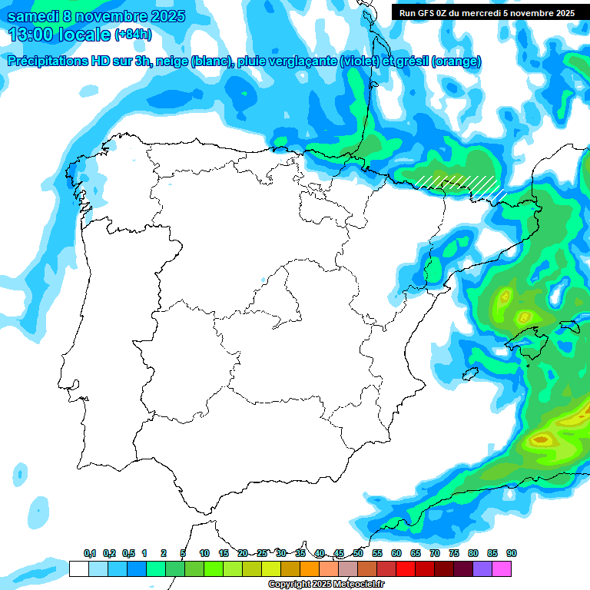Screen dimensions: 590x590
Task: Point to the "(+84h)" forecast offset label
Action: (x=133, y=35)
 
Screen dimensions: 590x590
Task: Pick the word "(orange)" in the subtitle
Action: (x=456, y=61)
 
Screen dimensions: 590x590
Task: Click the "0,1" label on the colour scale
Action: (x=90, y=553)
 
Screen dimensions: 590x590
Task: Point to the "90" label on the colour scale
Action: (x=512, y=553)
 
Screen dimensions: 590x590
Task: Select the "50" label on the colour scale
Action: (x=358, y=553)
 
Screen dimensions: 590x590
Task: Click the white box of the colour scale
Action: (x=78, y=568)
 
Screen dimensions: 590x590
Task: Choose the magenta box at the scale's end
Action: (x=502, y=568)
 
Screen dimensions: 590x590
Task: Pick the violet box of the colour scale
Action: (x=482, y=568)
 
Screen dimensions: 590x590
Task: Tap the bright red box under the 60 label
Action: (x=406, y=568)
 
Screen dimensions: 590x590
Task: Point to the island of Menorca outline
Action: (x=569, y=326)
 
